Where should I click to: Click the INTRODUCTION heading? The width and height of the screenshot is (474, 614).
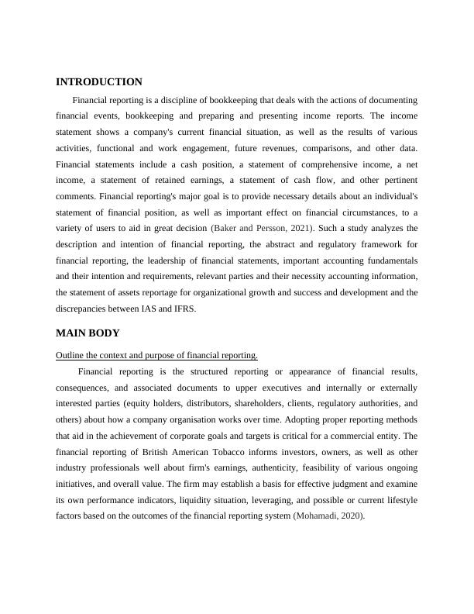pyautogui.click(x=99, y=81)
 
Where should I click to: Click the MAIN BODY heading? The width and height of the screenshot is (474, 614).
pyautogui.click(x=88, y=333)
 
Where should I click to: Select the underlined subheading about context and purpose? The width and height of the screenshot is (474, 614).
pyautogui.click(x=156, y=355)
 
